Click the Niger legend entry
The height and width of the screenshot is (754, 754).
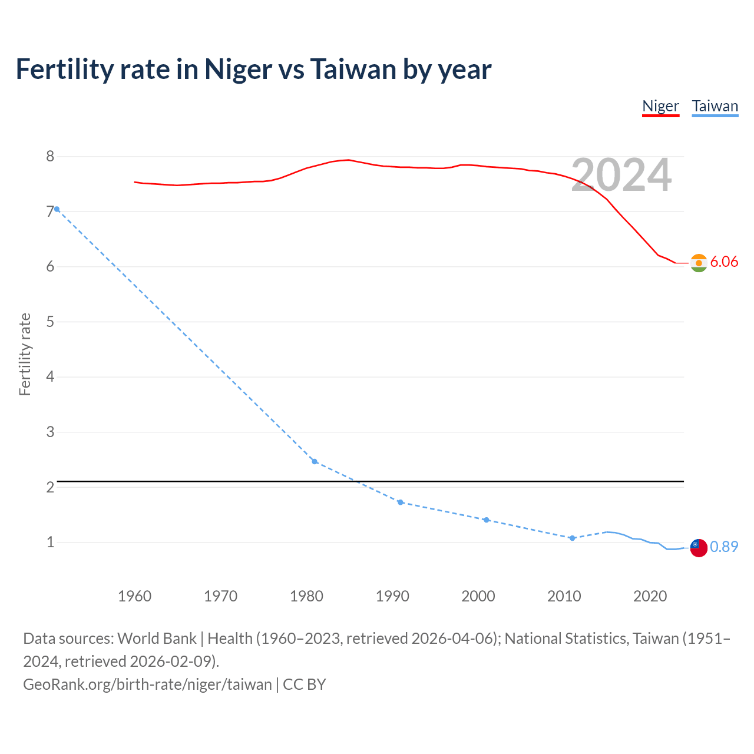click(660, 107)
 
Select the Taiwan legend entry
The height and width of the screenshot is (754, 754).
click(715, 107)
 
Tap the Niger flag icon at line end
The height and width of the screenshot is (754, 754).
click(699, 263)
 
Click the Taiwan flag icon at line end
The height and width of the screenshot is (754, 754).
click(699, 547)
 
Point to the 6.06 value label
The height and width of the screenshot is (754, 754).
click(724, 262)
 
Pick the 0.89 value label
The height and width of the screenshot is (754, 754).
click(724, 547)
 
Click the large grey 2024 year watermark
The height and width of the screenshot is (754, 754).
click(621, 175)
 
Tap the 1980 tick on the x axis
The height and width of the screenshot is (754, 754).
click(306, 596)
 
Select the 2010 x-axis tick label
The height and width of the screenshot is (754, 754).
click(564, 596)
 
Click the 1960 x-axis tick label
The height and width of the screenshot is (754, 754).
click(134, 596)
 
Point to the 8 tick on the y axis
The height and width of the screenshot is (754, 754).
click(50, 157)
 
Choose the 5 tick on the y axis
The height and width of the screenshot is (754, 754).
click(50, 322)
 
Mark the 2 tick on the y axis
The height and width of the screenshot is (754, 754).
click(50, 487)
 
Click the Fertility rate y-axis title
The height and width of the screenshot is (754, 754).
click(25, 354)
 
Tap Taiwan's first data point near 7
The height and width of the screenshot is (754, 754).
click(57, 209)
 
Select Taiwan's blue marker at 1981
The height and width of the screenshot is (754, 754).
click(315, 461)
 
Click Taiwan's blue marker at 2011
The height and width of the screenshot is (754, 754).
click(572, 538)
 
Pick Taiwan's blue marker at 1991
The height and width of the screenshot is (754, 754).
click(401, 502)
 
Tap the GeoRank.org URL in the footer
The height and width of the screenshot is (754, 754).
click(147, 684)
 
